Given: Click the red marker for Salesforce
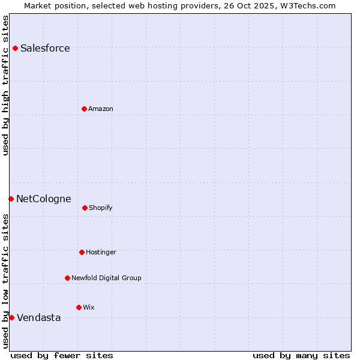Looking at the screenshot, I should (x=16, y=48).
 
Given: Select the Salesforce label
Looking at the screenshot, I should (x=45, y=49).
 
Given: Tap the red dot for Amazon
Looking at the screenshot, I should (x=84, y=109).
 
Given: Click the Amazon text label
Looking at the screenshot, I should (x=101, y=109).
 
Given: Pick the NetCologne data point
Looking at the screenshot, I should (x=11, y=199).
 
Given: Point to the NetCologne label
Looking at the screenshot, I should (x=43, y=199).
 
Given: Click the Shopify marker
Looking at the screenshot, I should (x=85, y=208).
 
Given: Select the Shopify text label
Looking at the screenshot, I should (x=101, y=208).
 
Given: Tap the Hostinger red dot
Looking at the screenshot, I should (x=82, y=252).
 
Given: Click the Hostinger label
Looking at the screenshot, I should (x=101, y=253).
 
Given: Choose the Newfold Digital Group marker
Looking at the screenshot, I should (x=67, y=278).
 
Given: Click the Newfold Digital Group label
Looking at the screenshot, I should (x=106, y=278).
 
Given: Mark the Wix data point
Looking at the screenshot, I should (x=79, y=307).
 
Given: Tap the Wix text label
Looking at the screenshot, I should (x=89, y=308).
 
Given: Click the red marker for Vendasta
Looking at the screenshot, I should (x=11, y=317).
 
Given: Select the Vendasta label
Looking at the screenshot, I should (x=38, y=318).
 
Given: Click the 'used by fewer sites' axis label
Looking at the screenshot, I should (x=62, y=355).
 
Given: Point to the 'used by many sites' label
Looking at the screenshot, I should (x=301, y=355).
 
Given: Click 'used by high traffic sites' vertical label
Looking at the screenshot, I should (x=6, y=85).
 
